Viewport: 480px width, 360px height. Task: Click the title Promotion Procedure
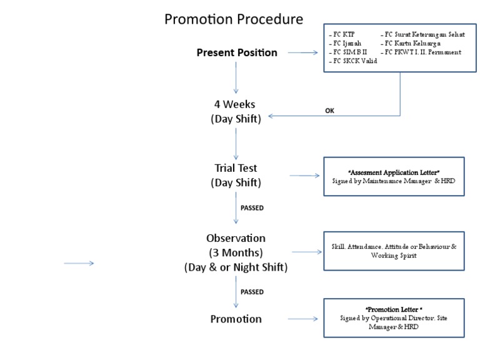coord(234,19)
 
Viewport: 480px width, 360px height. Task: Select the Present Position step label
coord(237,52)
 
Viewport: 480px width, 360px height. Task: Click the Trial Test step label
coord(236,168)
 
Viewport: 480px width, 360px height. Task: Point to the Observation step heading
coord(236,238)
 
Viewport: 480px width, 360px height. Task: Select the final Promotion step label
coord(236,319)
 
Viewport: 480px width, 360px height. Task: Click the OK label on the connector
coord(330,111)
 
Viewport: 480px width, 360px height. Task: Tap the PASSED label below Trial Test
coord(252,208)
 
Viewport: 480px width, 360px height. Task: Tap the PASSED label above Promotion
coord(252,292)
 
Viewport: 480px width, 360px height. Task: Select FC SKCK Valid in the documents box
coord(353,61)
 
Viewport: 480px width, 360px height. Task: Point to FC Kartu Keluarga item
coord(413,43)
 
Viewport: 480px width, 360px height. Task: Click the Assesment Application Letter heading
coord(394,171)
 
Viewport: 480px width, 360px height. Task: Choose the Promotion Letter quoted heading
coord(394,310)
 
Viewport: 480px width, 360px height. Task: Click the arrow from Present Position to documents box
coord(301,52)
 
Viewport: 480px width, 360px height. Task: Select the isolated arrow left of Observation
coord(79,264)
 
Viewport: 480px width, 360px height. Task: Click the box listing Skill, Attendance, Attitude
coord(394,251)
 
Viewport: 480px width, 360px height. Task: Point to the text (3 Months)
coord(236,252)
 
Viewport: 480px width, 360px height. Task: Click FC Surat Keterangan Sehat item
coord(424,34)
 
